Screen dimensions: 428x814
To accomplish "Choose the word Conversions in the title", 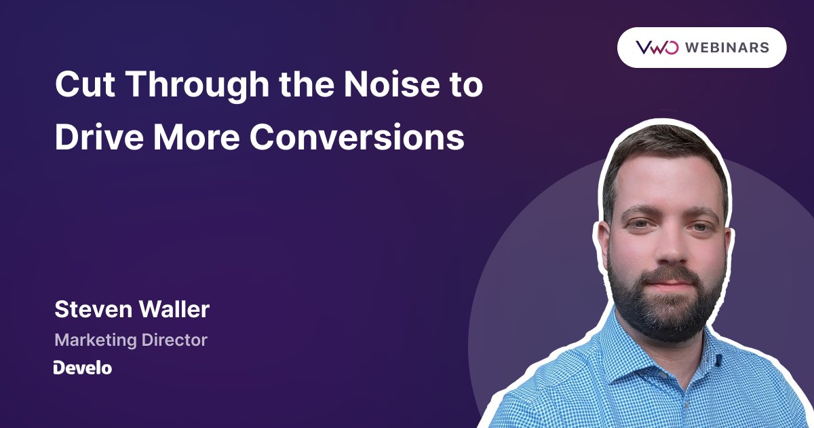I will [x=357, y=137].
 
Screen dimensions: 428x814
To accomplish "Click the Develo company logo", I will [x=83, y=368].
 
